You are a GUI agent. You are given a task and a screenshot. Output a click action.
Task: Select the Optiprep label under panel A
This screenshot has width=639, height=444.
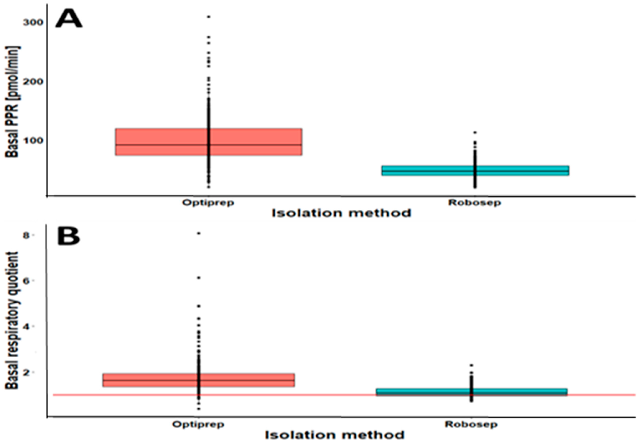click(208, 203)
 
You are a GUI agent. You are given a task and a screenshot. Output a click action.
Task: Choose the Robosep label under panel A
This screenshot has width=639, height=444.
click(474, 203)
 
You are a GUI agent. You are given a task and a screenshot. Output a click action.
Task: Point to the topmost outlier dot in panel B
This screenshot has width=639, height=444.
click(199, 233)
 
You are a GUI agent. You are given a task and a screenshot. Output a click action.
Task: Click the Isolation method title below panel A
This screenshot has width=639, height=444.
click(341, 213)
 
